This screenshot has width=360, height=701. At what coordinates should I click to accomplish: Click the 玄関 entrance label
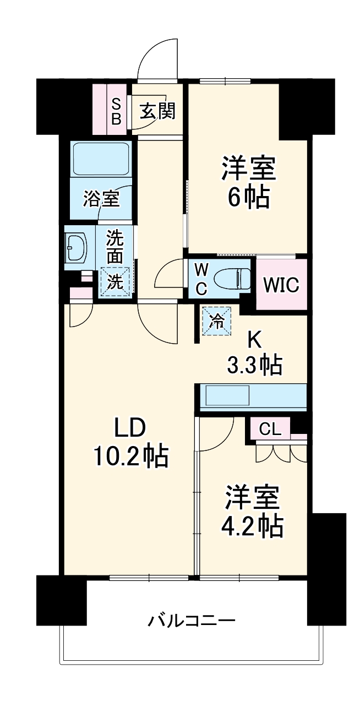coord(157,111)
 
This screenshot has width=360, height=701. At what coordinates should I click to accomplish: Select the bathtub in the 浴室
coord(101,159)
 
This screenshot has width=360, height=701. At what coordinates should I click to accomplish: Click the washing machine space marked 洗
coord(116,282)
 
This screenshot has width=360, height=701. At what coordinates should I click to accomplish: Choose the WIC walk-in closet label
coord(281,285)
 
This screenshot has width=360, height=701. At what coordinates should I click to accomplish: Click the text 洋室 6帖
coord(249,182)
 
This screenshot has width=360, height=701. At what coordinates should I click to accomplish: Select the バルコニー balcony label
coord(192,621)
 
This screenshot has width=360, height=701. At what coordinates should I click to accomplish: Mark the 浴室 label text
coord(101,198)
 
